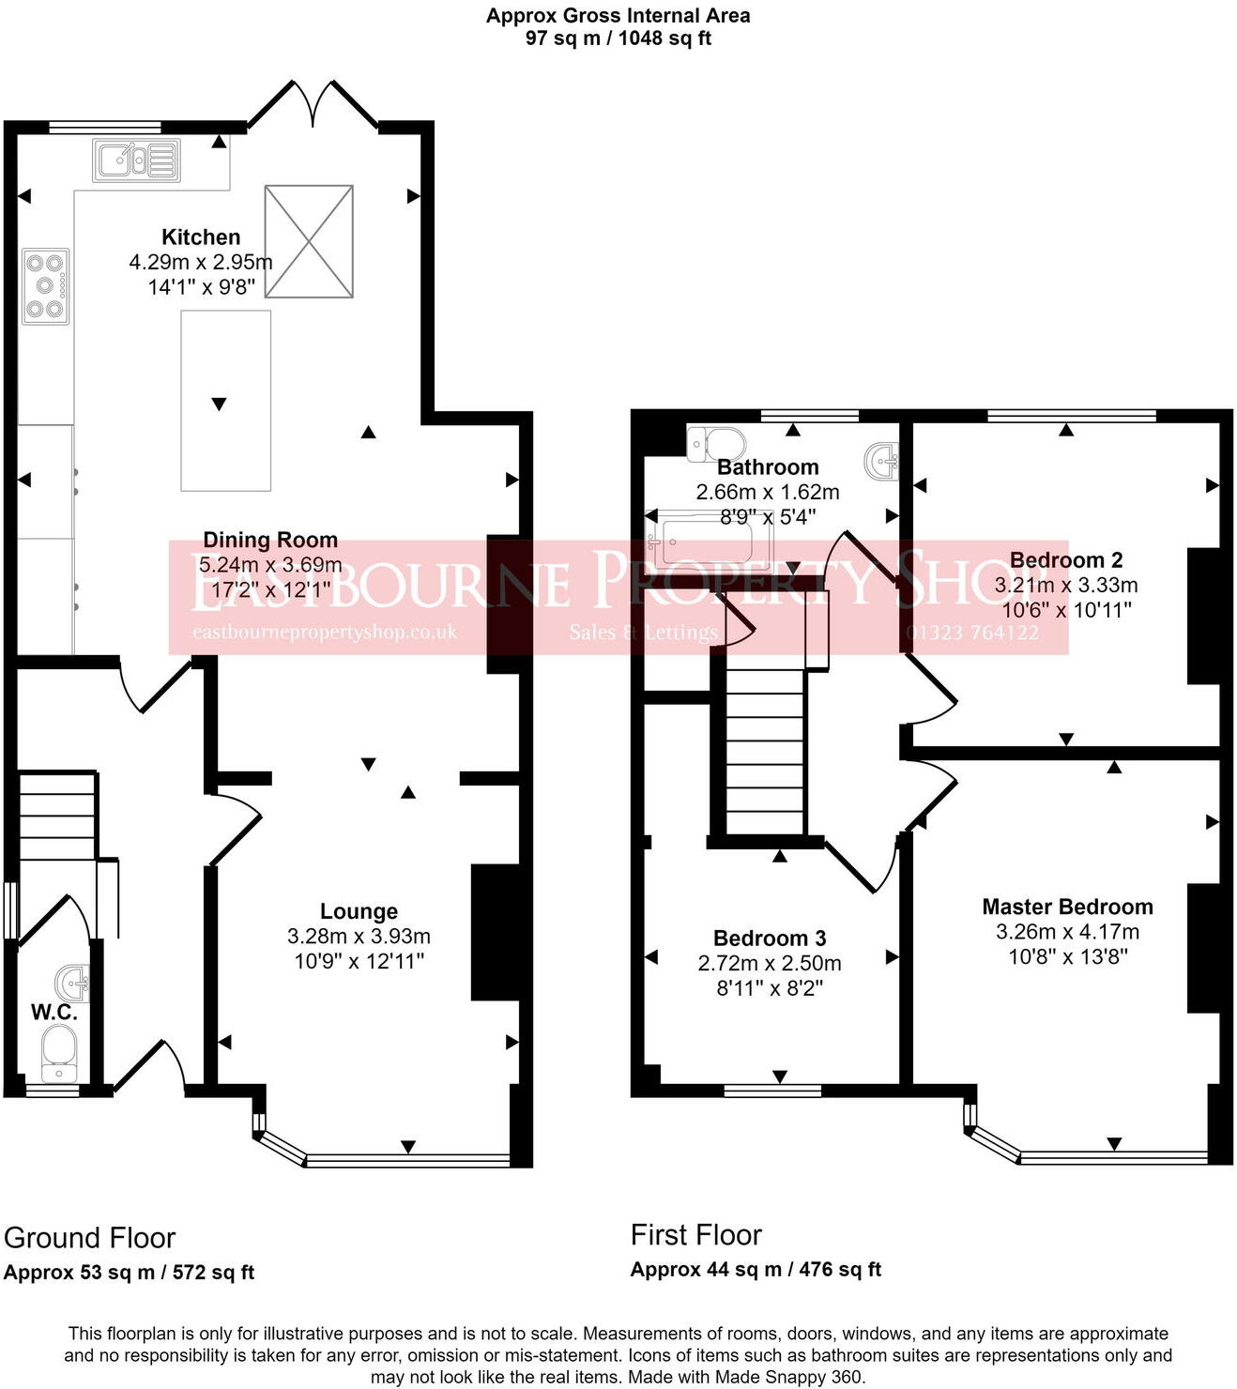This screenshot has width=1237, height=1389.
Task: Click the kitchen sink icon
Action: click(x=136, y=160)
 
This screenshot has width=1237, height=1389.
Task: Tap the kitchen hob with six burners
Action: click(x=45, y=286)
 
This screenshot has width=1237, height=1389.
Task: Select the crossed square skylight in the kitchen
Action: click(x=309, y=241)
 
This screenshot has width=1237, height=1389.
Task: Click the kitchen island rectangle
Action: click(x=226, y=401)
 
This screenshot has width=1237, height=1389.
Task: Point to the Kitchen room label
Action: click(x=201, y=237)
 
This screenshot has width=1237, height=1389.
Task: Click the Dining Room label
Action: click(x=270, y=541)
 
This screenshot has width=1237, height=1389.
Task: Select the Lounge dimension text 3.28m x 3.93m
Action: click(x=359, y=937)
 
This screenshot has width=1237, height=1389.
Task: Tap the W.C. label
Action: click(x=53, y=1013)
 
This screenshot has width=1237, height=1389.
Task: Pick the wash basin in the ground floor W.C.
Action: click(x=72, y=983)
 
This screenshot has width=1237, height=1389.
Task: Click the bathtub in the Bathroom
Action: click(x=710, y=542)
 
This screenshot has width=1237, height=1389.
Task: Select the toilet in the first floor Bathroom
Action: click(x=716, y=444)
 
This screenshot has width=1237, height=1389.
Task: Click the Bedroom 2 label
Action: click(x=1066, y=560)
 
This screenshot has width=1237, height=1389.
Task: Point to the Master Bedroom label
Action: click(x=1067, y=908)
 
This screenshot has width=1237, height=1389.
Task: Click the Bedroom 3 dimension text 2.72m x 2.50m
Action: click(x=770, y=964)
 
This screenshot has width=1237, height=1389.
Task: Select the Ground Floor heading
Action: click(x=89, y=1239)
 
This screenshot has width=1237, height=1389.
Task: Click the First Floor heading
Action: click(x=695, y=1235)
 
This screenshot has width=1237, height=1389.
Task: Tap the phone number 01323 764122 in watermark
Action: click(x=972, y=633)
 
